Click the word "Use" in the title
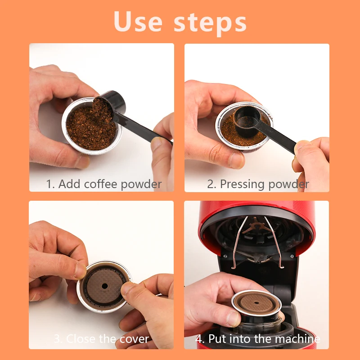click(x=138, y=21)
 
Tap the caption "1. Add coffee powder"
click(x=103, y=184)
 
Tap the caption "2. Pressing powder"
click(x=258, y=184)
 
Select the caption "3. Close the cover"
click(x=101, y=339)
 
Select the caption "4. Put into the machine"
click(x=257, y=339)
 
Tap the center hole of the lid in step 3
click(x=105, y=285)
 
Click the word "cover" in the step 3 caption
click(x=134, y=339)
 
